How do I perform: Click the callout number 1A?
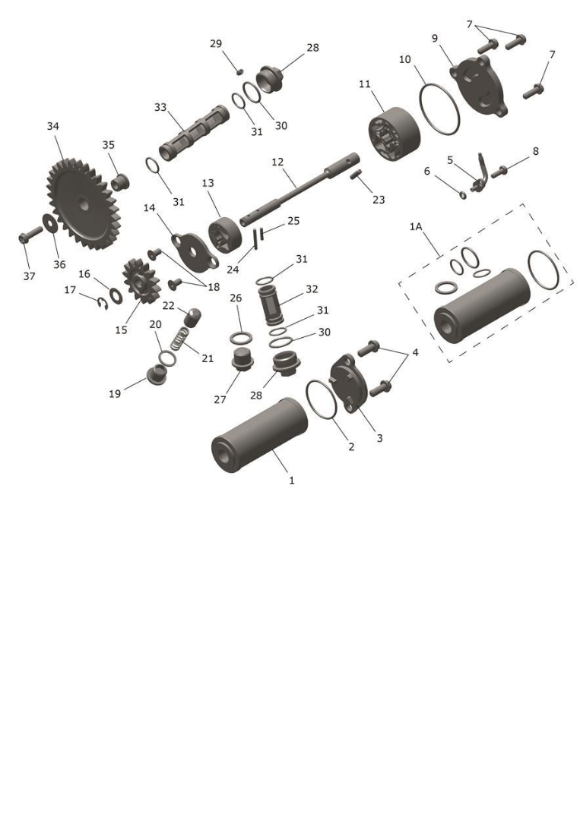[x=416, y=226]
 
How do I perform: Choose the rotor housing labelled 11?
[x=394, y=135]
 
